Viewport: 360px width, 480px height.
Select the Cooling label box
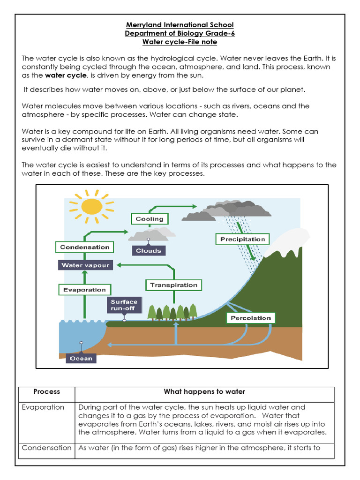click(x=149, y=219)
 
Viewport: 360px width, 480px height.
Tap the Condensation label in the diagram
click(x=84, y=247)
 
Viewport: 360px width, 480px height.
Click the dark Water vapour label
click(x=85, y=265)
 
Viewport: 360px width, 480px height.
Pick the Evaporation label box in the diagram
click(x=84, y=290)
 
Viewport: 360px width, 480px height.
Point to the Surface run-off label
click(x=124, y=306)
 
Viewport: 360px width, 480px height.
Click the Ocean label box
click(x=82, y=359)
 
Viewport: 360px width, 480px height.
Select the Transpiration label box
click(x=173, y=285)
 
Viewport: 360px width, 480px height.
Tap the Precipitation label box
click(x=242, y=239)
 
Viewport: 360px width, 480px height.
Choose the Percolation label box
click(x=251, y=318)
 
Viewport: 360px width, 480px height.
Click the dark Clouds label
click(x=148, y=251)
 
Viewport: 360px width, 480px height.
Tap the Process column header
click(x=47, y=392)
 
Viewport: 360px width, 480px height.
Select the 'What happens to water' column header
click(x=204, y=392)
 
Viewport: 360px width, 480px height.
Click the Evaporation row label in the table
click(x=43, y=407)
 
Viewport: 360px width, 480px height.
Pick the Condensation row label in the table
click(x=46, y=448)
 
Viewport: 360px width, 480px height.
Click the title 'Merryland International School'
click(x=180, y=25)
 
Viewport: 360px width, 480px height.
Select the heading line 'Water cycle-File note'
click(x=180, y=42)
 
